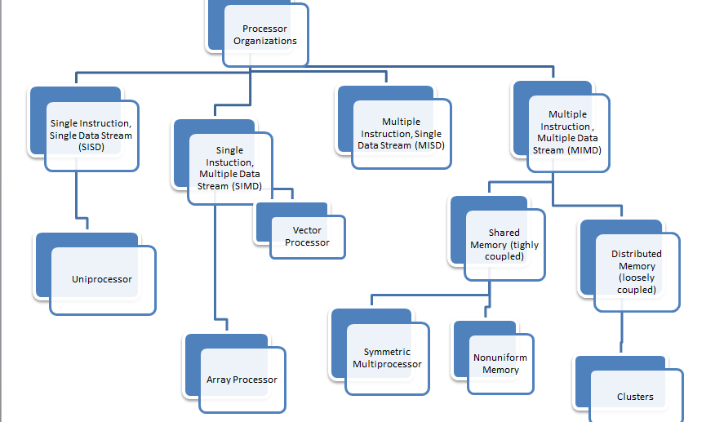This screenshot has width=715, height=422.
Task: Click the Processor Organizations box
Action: tap(264, 35)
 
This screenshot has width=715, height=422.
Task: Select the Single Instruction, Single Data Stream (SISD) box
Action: tap(91, 135)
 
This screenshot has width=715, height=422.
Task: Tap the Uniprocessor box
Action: tap(102, 279)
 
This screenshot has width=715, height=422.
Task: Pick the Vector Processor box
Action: tap(308, 237)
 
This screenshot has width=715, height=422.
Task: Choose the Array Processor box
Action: tap(242, 380)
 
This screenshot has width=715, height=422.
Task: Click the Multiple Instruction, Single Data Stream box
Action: tap(400, 134)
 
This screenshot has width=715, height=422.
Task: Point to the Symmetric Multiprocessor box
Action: tap(387, 358)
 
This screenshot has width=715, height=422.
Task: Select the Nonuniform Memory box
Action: tap(500, 364)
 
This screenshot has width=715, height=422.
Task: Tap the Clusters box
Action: tap(635, 397)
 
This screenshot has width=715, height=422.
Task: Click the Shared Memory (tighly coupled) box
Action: tap(504, 244)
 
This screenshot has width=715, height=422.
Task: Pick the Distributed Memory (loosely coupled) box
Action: tap(636, 271)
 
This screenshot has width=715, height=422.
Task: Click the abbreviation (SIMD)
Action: tap(247, 186)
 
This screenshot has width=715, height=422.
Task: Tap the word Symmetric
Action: tap(388, 353)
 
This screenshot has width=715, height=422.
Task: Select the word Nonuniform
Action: tap(500, 358)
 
